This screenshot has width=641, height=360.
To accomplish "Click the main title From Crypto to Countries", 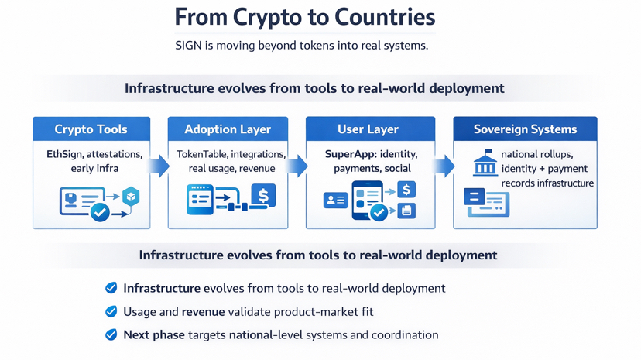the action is coord(305,17).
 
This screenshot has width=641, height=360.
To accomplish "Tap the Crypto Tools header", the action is coord(91,129).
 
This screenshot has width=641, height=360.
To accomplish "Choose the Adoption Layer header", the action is coord(228,129).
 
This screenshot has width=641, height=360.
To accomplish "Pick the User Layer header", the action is coord(369,129).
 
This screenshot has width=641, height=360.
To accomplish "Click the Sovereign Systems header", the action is coord(525,129).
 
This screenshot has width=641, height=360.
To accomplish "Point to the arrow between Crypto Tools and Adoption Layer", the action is coord(159,166).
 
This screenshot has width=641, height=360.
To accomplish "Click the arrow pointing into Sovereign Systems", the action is coord(444,166).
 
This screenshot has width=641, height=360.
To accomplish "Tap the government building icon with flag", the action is coord(485,163).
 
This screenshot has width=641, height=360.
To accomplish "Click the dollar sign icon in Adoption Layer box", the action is coord(263,197).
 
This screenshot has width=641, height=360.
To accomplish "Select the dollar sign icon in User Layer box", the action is coord(406,189).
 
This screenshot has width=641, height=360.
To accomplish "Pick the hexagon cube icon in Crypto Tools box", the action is coord(131,197).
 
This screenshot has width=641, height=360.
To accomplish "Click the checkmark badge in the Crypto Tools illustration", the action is coord(100,211).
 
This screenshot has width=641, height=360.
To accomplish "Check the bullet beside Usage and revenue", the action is coord(111,311).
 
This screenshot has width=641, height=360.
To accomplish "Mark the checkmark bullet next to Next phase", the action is coord(111,335).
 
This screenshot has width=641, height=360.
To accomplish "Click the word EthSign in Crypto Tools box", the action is coord(63,154).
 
